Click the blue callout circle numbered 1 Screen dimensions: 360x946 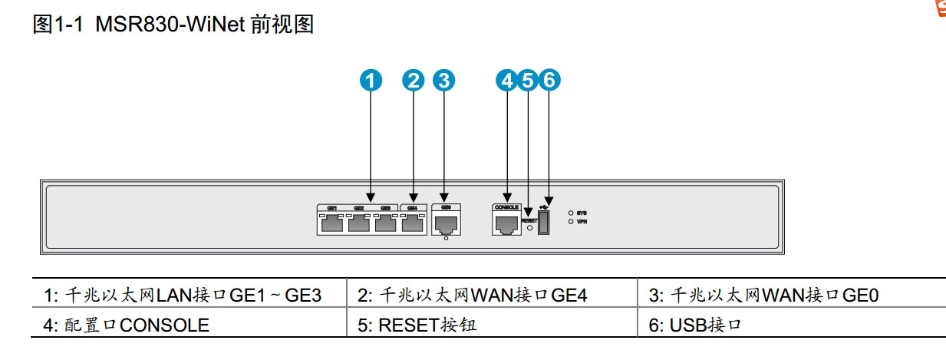371,79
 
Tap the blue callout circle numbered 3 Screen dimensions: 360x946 444,79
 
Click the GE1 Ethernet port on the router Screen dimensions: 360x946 332,224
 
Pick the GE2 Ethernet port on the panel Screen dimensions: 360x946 359,224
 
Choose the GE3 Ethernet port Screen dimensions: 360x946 385,224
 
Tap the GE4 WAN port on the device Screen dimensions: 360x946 413,224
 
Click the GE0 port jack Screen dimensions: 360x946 446,224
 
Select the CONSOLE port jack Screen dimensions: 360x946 506,224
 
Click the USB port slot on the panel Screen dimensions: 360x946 544,223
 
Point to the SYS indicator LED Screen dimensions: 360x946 571,213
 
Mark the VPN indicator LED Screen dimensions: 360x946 571,221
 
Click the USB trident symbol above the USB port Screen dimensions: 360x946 544,205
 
